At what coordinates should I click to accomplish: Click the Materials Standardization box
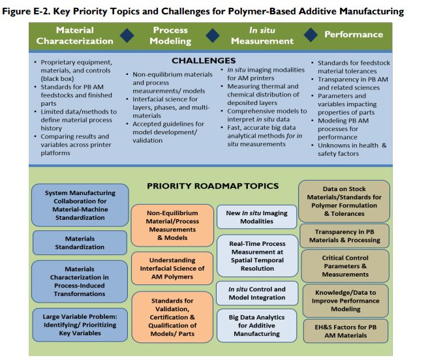tap(80, 243)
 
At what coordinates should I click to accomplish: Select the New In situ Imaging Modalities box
tap(256, 217)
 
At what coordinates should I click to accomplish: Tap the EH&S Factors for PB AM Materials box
tap(346, 331)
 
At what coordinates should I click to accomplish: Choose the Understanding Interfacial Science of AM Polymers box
tap(172, 268)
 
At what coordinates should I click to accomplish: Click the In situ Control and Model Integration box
tap(257, 293)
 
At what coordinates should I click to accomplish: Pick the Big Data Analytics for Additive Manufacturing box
tap(256, 325)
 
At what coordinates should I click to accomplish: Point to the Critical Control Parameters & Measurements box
tap(345, 266)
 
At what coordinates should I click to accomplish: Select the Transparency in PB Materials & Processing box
tap(344, 236)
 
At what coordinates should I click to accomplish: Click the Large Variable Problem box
tap(80, 325)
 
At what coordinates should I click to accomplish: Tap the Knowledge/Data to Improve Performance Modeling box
tap(346, 301)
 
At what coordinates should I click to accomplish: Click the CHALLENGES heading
tap(204, 61)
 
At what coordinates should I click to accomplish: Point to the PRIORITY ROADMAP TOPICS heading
tap(213, 186)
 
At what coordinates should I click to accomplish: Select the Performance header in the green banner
tap(354, 35)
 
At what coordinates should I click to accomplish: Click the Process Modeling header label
tap(170, 35)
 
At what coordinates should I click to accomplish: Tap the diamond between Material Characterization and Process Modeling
tap(127, 35)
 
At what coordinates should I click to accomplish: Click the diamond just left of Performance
tap(311, 35)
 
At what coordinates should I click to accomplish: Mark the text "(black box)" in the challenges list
tap(57, 79)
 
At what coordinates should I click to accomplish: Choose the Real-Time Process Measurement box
tap(258, 256)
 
